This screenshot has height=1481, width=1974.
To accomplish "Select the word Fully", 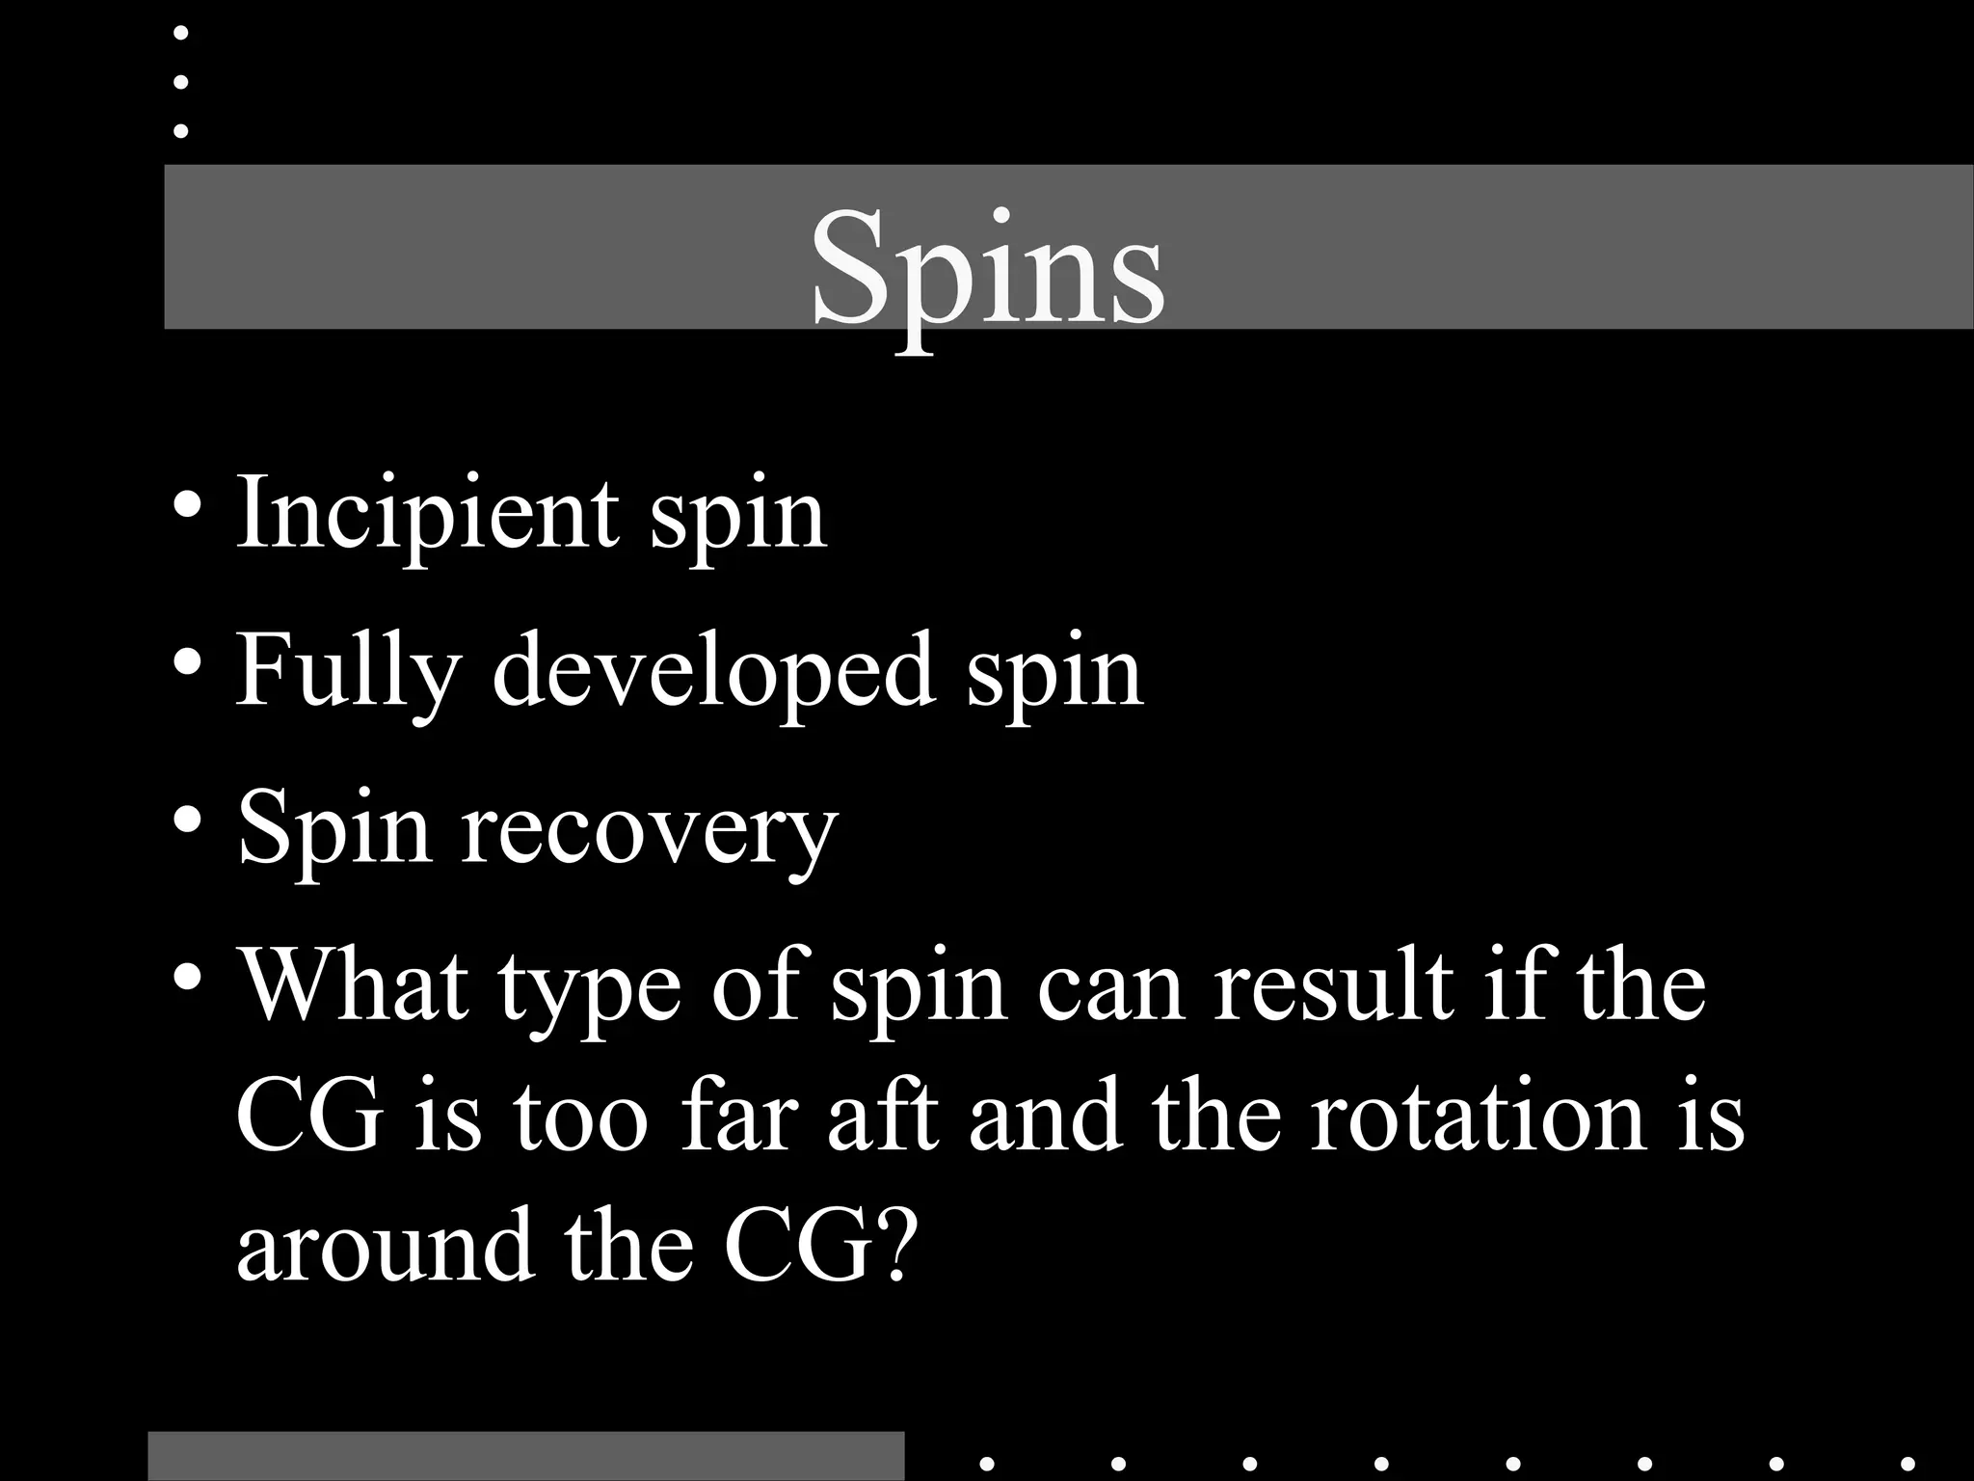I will pos(349,671).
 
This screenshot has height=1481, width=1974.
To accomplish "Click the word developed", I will pos(713,669).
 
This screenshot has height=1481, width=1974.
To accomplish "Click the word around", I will pos(386,1246).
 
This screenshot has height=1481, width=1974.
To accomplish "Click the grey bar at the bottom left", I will pos(526,1457).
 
